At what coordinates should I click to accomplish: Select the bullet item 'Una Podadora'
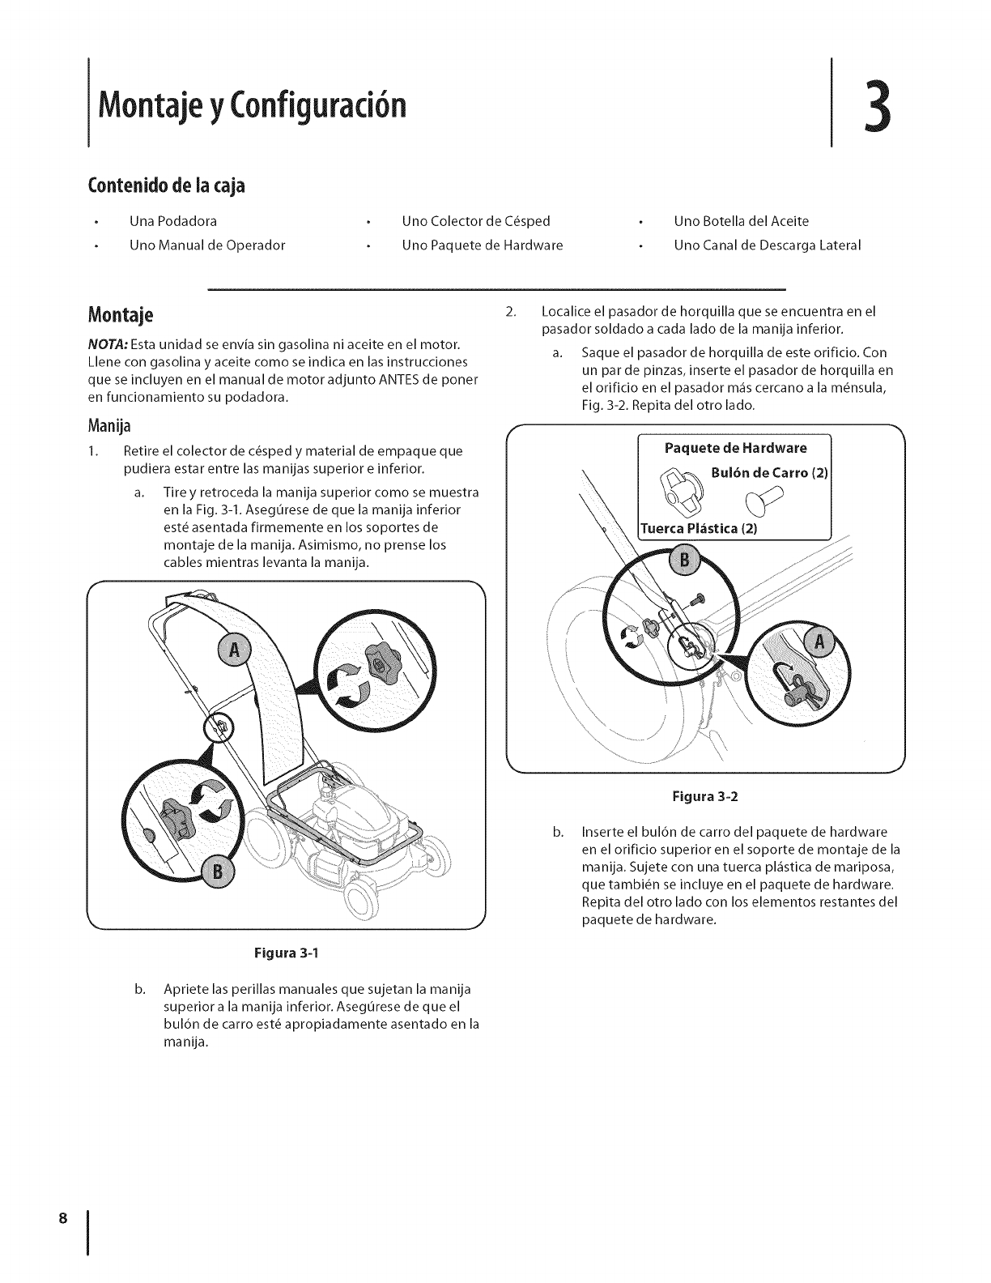(172, 221)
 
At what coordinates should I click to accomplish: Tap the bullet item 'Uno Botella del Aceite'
(741, 221)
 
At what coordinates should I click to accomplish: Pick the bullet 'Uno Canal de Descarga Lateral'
(767, 245)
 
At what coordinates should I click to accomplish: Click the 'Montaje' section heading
(125, 314)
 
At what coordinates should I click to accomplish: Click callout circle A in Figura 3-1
(236, 650)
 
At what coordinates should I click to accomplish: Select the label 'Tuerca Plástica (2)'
(699, 529)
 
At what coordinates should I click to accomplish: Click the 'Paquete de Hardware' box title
(735, 449)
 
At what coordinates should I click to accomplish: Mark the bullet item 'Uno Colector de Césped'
(475, 221)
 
